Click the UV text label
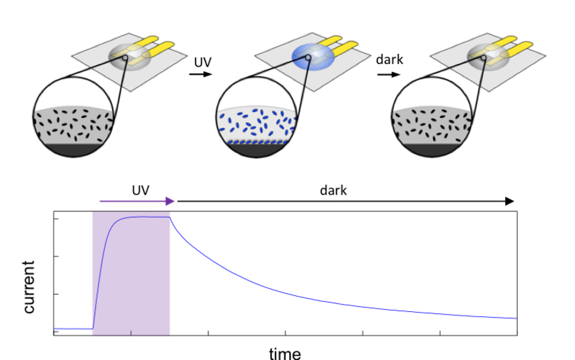203,63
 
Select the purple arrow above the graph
137,202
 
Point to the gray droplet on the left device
128,56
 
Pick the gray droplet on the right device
488,55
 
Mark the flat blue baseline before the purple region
73,328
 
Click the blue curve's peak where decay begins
171,218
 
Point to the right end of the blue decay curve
515,318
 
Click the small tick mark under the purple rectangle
131,333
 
